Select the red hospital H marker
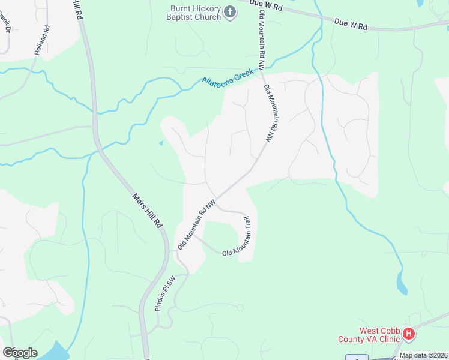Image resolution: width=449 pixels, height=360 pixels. pyautogui.click(x=409, y=334)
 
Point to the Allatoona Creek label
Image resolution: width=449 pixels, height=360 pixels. pyautogui.click(x=228, y=78)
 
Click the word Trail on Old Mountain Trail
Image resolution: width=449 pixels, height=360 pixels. pyautogui.click(x=247, y=230)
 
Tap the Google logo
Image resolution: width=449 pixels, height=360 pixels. pyautogui.click(x=20, y=352)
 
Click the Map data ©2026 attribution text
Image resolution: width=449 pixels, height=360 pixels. pyautogui.click(x=423, y=355)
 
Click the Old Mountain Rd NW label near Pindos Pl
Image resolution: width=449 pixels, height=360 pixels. pyautogui.click(x=196, y=225)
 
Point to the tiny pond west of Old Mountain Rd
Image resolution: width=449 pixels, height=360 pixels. pyautogui.click(x=160, y=143)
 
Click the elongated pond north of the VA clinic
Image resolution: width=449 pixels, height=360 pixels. pyautogui.click(x=401, y=283)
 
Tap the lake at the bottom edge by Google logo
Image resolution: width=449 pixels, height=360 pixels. pyautogui.click(x=57, y=351)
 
